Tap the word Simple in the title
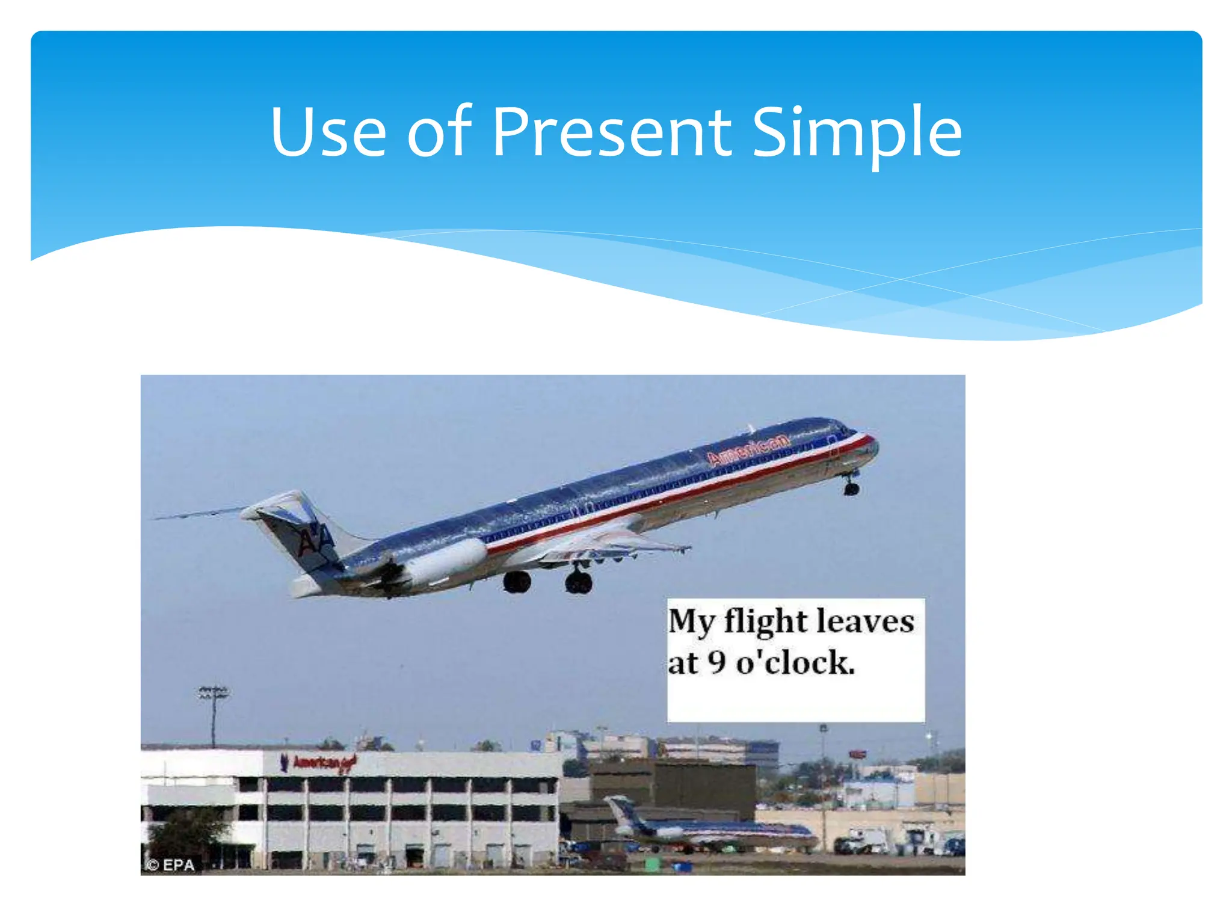point(857,134)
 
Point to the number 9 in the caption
point(716,662)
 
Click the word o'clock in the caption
point(794,663)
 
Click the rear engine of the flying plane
point(445,561)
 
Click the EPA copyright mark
point(171,865)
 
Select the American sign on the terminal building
point(319,763)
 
